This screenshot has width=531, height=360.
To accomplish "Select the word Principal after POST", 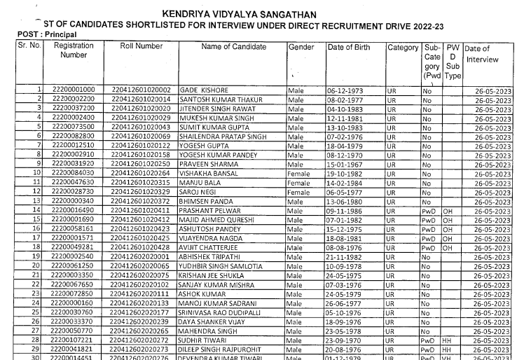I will pos(62,34).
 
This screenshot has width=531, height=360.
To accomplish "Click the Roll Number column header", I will pos(141,46).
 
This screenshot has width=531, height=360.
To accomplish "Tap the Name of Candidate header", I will pos(233,47).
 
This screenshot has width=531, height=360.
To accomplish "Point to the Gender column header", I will pos(301,47).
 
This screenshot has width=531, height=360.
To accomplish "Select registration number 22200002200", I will pos(74,100).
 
